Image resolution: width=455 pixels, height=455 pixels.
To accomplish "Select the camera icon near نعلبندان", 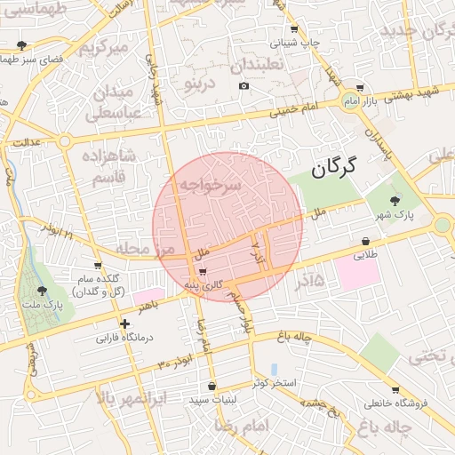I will (244, 86).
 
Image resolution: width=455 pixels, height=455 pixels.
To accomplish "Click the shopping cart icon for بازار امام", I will (359, 88).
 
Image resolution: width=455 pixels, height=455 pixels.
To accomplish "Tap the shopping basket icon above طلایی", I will (365, 241).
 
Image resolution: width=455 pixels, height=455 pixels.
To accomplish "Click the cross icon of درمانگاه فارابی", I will (125, 324).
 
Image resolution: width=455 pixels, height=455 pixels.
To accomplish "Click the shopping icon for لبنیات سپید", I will (212, 386).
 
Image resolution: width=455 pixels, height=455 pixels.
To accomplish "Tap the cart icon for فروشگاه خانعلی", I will (395, 389).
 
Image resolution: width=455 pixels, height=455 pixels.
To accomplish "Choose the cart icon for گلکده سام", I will (98, 266).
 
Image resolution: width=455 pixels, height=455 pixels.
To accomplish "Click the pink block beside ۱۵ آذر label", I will (358, 272).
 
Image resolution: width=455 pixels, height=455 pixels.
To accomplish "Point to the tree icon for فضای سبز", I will (21, 44).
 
